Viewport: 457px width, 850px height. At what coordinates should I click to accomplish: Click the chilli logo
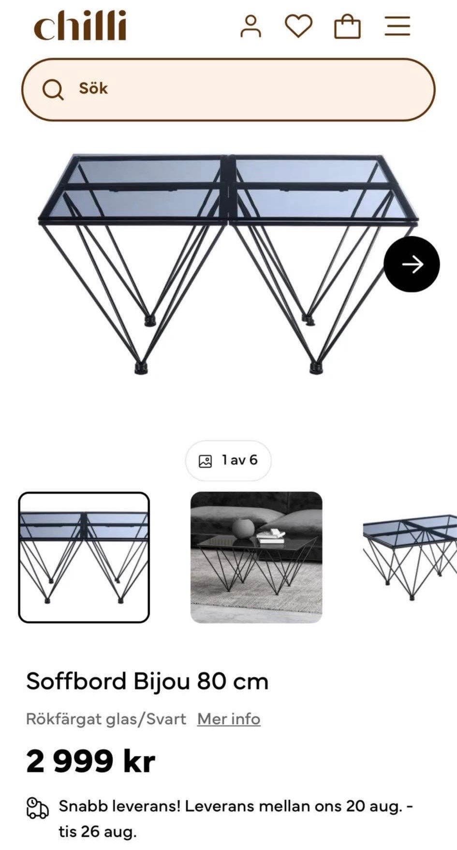coord(80,26)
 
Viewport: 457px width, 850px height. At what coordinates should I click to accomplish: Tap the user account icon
coord(251,26)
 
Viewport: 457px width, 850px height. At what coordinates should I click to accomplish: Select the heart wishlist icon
coord(298,26)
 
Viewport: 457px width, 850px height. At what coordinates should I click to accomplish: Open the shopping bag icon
coord(348,27)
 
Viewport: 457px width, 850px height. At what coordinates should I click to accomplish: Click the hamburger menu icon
coord(398,26)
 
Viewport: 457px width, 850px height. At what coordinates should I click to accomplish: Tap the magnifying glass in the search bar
coord(53,89)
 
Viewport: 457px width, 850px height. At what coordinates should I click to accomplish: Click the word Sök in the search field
coord(93,88)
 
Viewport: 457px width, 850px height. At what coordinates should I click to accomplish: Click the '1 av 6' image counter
coord(228,460)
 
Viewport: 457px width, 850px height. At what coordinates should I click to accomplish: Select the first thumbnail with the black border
coord(84,557)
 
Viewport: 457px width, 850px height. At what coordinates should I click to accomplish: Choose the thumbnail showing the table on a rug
coord(256,557)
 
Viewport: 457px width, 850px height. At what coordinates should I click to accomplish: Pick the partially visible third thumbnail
coord(410,557)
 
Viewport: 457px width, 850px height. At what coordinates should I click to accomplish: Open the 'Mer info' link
coord(229,719)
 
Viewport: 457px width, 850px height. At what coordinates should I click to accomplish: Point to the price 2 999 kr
coord(90,761)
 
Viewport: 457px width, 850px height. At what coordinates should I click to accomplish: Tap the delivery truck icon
coord(37,808)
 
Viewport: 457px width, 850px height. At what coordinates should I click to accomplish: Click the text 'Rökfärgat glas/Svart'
coord(106,719)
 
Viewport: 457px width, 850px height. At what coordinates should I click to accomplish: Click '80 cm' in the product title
coord(233,682)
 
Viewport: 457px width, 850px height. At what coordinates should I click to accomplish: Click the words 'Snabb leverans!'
coord(119,806)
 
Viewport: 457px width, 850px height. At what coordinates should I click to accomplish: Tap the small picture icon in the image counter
coord(206,461)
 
